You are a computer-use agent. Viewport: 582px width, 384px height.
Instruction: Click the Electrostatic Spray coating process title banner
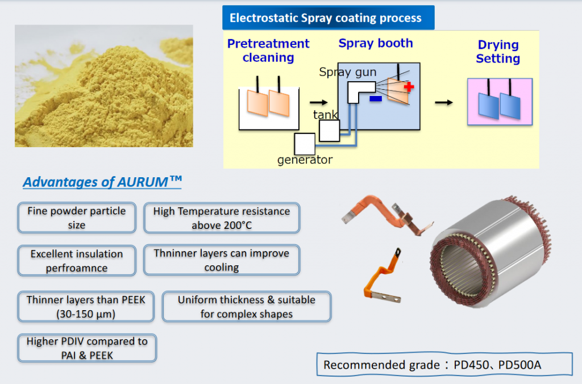click(328, 18)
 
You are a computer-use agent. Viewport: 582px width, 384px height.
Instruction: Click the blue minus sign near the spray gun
click(375, 99)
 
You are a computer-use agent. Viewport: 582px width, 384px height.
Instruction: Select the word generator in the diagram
click(305, 160)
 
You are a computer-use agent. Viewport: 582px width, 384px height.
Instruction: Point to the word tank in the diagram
click(326, 115)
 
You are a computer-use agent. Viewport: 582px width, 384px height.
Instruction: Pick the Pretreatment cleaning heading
click(268, 51)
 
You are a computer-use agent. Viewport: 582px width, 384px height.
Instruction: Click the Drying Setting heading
click(498, 52)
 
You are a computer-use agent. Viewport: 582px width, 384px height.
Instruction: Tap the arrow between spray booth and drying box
click(444, 102)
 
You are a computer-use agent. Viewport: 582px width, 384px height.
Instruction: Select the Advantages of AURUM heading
click(102, 182)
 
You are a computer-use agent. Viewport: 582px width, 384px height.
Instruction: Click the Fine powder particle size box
click(77, 218)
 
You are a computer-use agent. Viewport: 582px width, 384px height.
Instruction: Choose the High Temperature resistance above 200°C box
click(222, 218)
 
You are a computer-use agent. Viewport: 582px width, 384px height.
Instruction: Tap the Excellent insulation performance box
click(77, 260)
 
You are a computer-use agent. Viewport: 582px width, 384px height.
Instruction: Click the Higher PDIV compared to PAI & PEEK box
click(87, 348)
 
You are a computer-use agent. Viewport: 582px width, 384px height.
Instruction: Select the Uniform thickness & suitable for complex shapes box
click(246, 307)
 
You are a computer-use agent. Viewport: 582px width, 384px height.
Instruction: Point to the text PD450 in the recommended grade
click(473, 365)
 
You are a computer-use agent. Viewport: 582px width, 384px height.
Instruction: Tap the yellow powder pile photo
click(103, 86)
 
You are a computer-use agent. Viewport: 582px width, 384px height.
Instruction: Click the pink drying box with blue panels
click(500, 102)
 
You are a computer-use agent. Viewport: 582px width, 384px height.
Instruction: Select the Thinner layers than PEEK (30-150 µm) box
click(86, 306)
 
